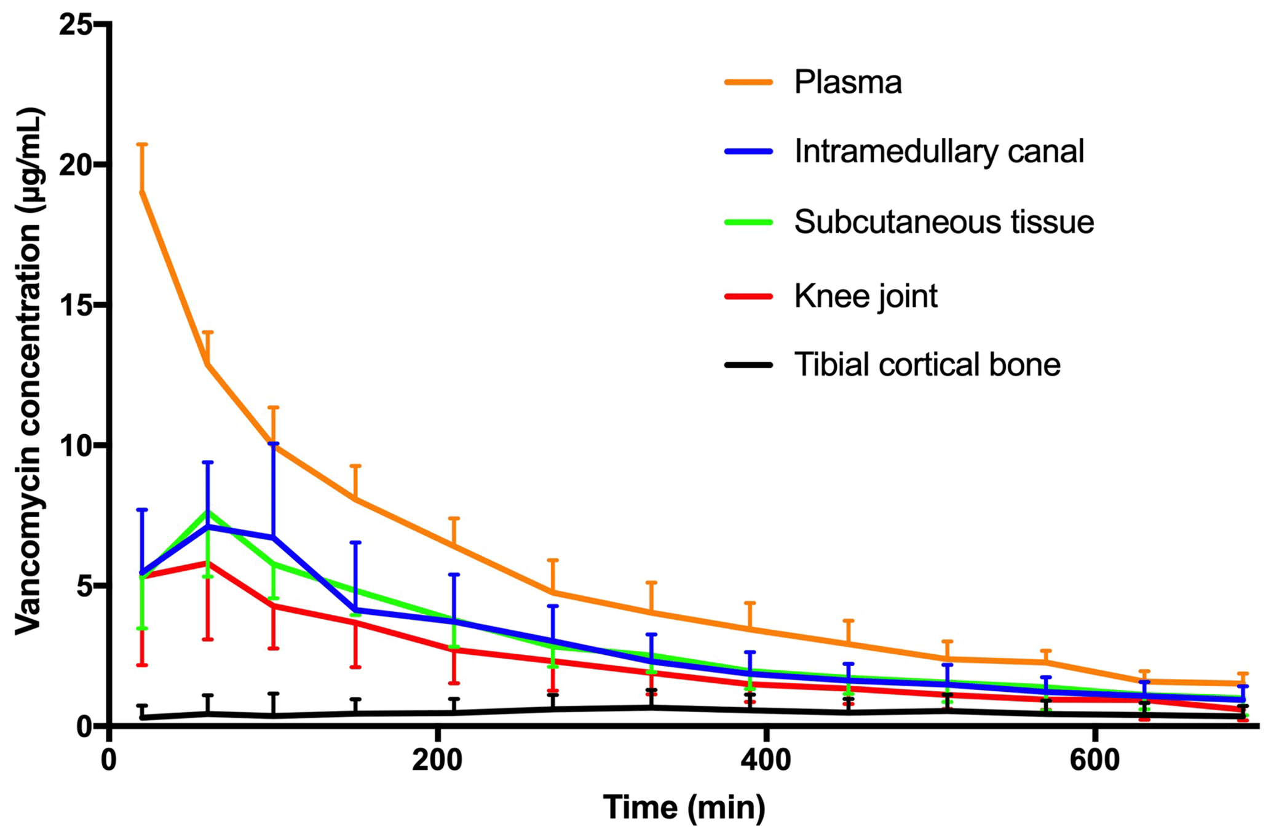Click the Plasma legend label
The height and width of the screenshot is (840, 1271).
click(x=847, y=82)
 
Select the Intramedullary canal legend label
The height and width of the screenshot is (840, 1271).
click(x=938, y=151)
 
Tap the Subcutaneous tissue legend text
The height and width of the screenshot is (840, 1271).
click(x=944, y=222)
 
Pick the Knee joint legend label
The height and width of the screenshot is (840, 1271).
click(x=865, y=296)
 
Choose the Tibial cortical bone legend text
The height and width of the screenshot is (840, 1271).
click(x=927, y=365)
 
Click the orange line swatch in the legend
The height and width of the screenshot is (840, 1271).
click(x=748, y=82)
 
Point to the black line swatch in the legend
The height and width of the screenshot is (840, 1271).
click(x=748, y=365)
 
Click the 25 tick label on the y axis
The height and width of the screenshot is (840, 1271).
click(x=74, y=25)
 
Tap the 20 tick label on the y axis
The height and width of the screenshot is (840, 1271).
click(x=74, y=165)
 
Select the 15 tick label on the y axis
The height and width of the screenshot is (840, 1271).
click(x=74, y=305)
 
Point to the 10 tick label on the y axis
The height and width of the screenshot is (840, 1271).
click(x=74, y=445)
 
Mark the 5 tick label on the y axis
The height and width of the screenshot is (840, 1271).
click(x=84, y=585)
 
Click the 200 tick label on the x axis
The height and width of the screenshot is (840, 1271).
click(x=437, y=760)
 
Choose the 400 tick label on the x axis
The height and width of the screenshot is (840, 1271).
click(x=766, y=760)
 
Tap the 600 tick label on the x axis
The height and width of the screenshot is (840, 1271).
click(x=1095, y=760)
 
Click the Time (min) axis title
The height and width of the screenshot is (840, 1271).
click(x=684, y=807)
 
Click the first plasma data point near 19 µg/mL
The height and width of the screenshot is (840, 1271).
click(x=142, y=192)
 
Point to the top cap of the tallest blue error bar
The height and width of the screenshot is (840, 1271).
click(x=274, y=443)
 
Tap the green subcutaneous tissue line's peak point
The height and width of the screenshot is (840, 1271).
click(x=208, y=512)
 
